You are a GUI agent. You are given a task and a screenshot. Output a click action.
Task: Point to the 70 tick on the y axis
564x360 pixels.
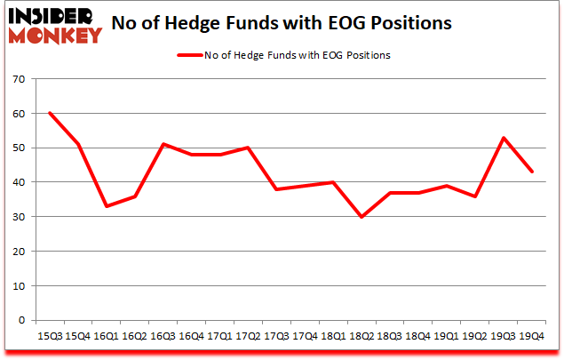[17, 79]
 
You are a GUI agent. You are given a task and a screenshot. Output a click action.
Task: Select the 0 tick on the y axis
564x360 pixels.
[20, 321]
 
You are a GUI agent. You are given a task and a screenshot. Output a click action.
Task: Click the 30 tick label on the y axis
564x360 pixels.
[17, 217]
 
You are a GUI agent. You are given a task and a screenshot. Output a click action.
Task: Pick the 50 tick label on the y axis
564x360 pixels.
[17, 148]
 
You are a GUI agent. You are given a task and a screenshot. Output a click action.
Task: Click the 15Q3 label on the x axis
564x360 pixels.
[50, 337]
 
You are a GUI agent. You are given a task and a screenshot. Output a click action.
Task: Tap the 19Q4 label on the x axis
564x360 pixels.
[531, 337]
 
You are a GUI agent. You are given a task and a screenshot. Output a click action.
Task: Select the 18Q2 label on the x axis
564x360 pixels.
[361, 337]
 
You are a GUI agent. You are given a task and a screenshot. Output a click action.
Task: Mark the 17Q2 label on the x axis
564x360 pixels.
[248, 337]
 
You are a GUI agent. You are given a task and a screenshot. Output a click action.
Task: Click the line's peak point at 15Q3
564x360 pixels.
[50, 113]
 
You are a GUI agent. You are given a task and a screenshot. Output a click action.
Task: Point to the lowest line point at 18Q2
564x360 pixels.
[361, 217]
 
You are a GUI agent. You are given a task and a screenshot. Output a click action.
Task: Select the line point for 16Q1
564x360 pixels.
[107, 206]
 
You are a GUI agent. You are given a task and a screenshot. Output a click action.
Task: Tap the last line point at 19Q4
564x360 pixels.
[531, 172]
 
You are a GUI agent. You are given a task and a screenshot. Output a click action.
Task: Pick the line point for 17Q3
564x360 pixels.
[276, 189]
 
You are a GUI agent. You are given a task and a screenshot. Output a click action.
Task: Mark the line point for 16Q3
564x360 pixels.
[163, 144]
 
